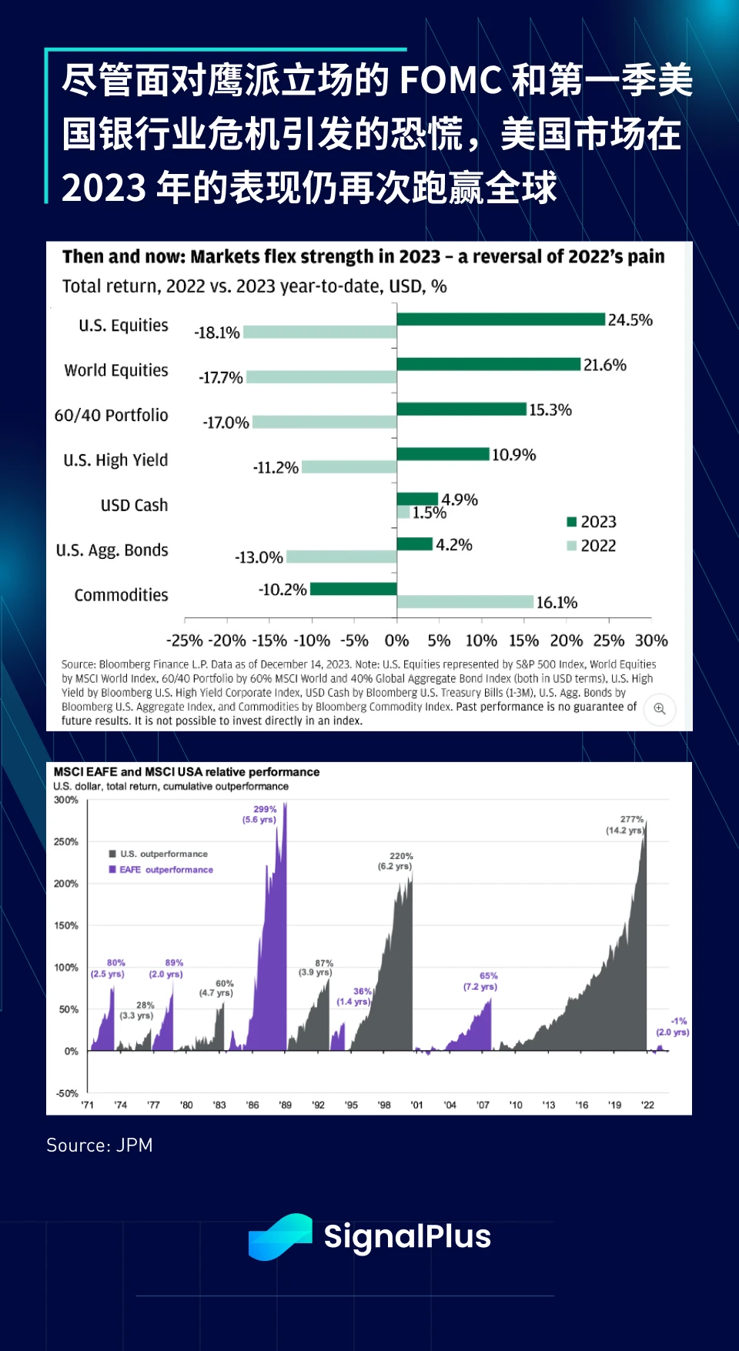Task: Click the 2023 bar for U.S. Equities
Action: (500, 319)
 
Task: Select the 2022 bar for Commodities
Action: (465, 602)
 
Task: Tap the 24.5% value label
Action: (630, 320)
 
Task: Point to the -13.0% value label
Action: (259, 557)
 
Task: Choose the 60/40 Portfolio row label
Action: (111, 416)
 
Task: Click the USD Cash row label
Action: (134, 506)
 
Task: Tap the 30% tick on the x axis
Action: (651, 640)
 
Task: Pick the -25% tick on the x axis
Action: (185, 640)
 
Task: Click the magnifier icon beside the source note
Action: (660, 709)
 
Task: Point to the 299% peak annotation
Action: (265, 809)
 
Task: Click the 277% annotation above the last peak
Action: (632, 820)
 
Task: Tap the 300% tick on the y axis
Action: (66, 801)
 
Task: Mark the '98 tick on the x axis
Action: (384, 1105)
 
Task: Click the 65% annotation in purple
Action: (488, 976)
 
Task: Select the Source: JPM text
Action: (99, 1145)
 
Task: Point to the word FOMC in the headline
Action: (451, 81)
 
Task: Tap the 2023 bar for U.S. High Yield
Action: (443, 454)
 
